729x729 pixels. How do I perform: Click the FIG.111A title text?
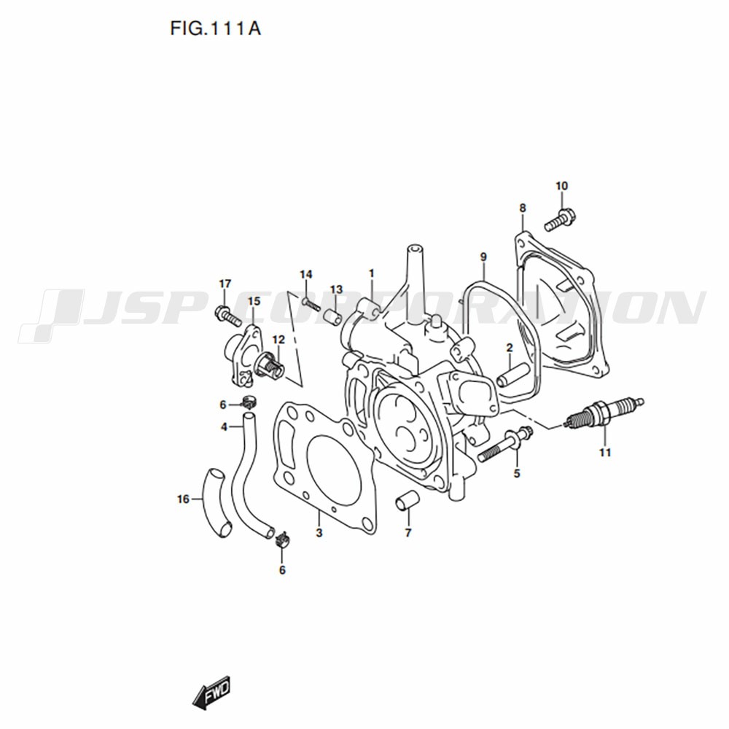[215, 29]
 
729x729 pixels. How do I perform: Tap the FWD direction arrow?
[211, 693]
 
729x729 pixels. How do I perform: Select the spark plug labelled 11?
[604, 413]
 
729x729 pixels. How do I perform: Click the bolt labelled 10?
[560, 219]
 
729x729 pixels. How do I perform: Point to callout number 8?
[523, 208]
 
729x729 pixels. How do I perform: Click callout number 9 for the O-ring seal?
[483, 257]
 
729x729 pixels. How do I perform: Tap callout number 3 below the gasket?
[319, 533]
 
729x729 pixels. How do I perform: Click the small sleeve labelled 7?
[408, 502]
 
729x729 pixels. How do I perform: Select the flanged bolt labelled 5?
[505, 445]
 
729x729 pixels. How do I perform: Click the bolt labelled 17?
[227, 314]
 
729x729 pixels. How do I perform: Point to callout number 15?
[254, 301]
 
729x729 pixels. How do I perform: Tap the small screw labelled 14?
[311, 304]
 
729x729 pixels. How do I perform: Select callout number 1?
[372, 273]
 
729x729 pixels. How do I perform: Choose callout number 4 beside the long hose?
[224, 426]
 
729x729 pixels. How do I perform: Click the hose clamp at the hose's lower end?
[281, 539]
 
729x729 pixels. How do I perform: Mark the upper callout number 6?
[222, 405]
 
